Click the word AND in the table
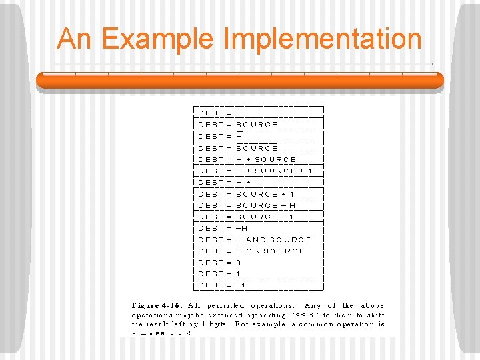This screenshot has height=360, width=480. tap(257, 239)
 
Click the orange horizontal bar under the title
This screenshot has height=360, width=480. tap(240, 80)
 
